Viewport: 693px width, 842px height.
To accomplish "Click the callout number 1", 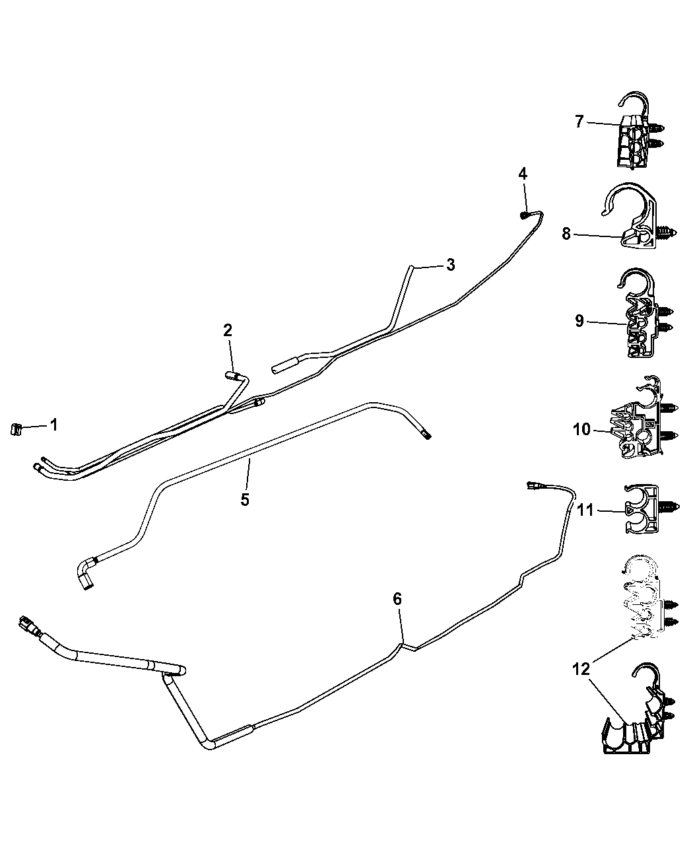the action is pyautogui.click(x=53, y=425).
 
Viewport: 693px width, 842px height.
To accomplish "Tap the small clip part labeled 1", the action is pyautogui.click(x=15, y=429).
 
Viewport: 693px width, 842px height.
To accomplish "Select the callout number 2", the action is pyautogui.click(x=228, y=331).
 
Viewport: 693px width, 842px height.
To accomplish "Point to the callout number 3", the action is pyautogui.click(x=450, y=265).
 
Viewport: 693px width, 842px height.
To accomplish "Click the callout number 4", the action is pyautogui.click(x=523, y=174).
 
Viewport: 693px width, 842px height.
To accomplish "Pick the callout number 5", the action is pyautogui.click(x=245, y=500).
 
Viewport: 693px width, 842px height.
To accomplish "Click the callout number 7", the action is pyautogui.click(x=579, y=121).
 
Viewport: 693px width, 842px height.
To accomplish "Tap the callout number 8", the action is pyautogui.click(x=566, y=234).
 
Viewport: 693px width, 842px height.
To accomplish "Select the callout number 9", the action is pyautogui.click(x=579, y=321).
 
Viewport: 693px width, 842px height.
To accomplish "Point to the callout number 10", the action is pyautogui.click(x=581, y=429).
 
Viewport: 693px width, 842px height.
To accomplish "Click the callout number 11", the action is pyautogui.click(x=586, y=510).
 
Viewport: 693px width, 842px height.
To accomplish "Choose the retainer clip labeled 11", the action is pyautogui.click(x=649, y=509).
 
